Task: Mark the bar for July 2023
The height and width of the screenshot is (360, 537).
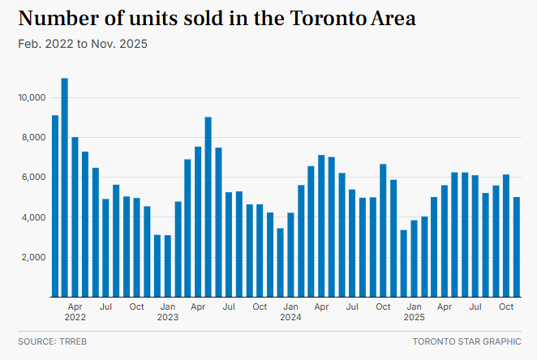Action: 229,244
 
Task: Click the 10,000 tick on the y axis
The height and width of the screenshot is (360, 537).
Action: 30,97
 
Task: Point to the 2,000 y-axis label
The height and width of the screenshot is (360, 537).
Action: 32,257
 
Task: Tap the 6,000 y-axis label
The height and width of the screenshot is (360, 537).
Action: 32,178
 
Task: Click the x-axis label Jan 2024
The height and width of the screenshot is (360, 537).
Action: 290,312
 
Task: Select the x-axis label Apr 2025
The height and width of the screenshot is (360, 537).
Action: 445,307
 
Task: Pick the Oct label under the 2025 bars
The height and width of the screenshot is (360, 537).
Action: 506,307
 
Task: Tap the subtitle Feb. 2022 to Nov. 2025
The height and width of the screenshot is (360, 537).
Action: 82,43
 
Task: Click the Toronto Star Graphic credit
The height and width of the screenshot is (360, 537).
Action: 466,341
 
